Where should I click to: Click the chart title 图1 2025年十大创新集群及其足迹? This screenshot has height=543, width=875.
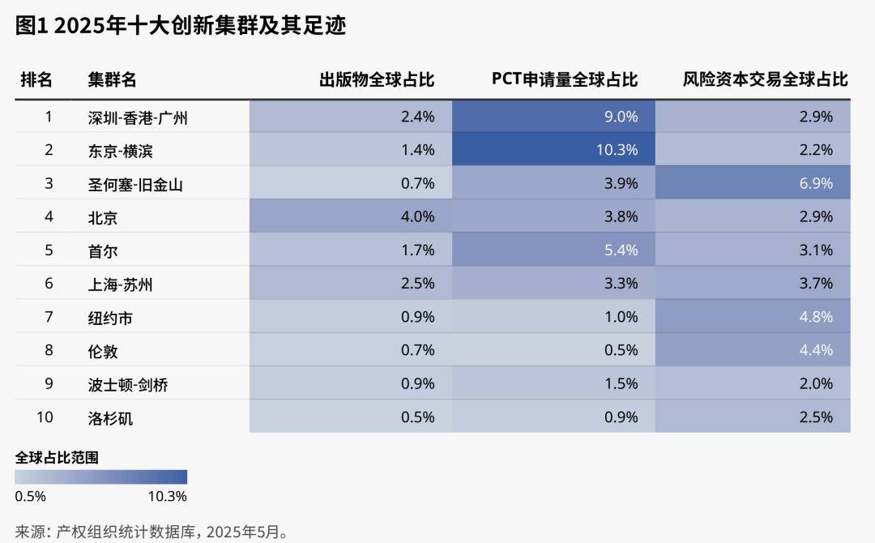point(181,26)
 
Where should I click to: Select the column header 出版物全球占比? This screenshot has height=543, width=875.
point(377,79)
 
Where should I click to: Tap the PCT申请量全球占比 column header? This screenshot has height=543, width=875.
point(565,79)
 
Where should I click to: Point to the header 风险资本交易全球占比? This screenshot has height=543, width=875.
point(765,79)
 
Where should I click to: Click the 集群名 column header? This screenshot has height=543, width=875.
point(112,79)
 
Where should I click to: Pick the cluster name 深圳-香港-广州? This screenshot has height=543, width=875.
point(138,118)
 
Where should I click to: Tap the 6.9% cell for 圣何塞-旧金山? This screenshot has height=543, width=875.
point(816,183)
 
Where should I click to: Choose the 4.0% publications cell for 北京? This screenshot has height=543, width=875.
point(418,216)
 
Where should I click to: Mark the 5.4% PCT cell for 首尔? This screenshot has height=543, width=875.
point(621,250)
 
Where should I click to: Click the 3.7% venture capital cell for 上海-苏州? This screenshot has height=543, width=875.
point(816,284)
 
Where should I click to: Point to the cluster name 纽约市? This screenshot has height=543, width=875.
point(110,318)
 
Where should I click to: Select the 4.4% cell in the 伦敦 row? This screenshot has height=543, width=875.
point(816,350)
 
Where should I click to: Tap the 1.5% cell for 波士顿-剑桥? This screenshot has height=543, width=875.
point(621,384)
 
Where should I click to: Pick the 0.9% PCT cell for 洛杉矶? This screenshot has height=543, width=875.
point(621,417)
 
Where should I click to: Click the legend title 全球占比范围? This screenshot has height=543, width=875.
point(57,457)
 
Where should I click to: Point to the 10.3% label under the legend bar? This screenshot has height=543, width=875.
point(167,496)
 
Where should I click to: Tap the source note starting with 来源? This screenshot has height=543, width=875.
point(152,532)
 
